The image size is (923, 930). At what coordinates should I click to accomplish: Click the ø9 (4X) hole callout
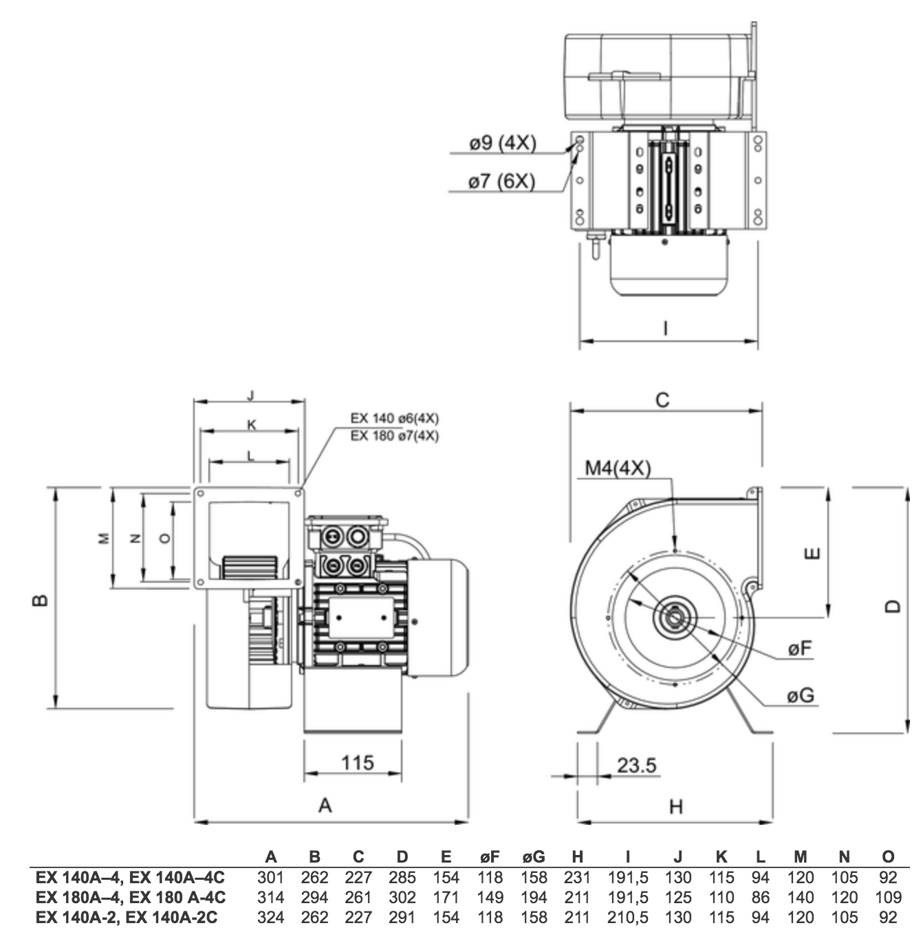coord(503,143)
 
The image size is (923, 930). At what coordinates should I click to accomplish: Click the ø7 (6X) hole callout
coord(501,182)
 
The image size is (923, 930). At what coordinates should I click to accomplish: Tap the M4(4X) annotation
coord(618,468)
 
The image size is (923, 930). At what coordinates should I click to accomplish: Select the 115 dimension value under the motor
coord(358,763)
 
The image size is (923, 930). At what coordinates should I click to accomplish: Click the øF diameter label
coord(800,649)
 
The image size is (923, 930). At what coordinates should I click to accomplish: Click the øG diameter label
coord(801,695)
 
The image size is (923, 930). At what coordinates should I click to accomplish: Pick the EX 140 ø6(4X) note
coord(394,418)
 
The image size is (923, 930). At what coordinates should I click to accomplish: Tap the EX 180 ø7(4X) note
coord(394,436)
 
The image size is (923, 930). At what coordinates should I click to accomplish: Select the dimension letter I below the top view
coord(666,329)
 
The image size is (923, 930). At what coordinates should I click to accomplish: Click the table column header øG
coord(534,856)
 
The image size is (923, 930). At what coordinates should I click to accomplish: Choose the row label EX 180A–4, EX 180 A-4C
coord(131,897)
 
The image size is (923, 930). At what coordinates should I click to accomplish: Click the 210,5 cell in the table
coord(627,917)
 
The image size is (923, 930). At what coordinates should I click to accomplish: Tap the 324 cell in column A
coord(270,917)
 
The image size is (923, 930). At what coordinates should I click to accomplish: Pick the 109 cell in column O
coord(888,897)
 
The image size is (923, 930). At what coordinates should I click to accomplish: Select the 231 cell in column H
coord(577,877)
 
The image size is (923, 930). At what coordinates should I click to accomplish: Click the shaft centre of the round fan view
coord(675,617)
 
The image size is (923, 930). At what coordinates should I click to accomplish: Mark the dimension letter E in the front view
coord(814,553)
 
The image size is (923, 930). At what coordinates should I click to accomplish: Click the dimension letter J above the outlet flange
coord(250,396)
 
